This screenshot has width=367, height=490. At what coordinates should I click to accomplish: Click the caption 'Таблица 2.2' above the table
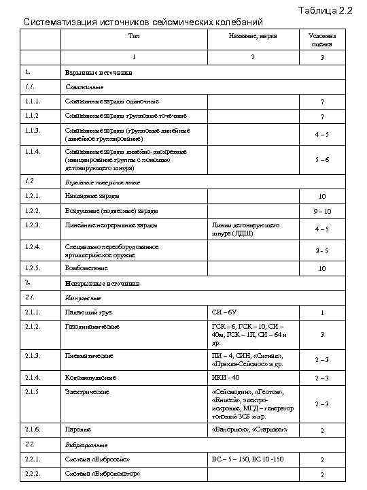pyautogui.click(x=324, y=10)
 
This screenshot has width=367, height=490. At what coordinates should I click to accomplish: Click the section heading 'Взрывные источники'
pyautogui.click(x=99, y=72)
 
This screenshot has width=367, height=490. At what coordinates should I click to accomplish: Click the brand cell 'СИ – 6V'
pyautogui.click(x=224, y=312)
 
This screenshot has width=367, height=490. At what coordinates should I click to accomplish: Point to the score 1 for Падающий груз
pyautogui.click(x=323, y=313)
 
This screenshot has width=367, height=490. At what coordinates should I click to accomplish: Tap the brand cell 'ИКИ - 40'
pyautogui.click(x=226, y=377)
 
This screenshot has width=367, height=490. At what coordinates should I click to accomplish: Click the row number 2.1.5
pyautogui.click(x=32, y=392)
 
